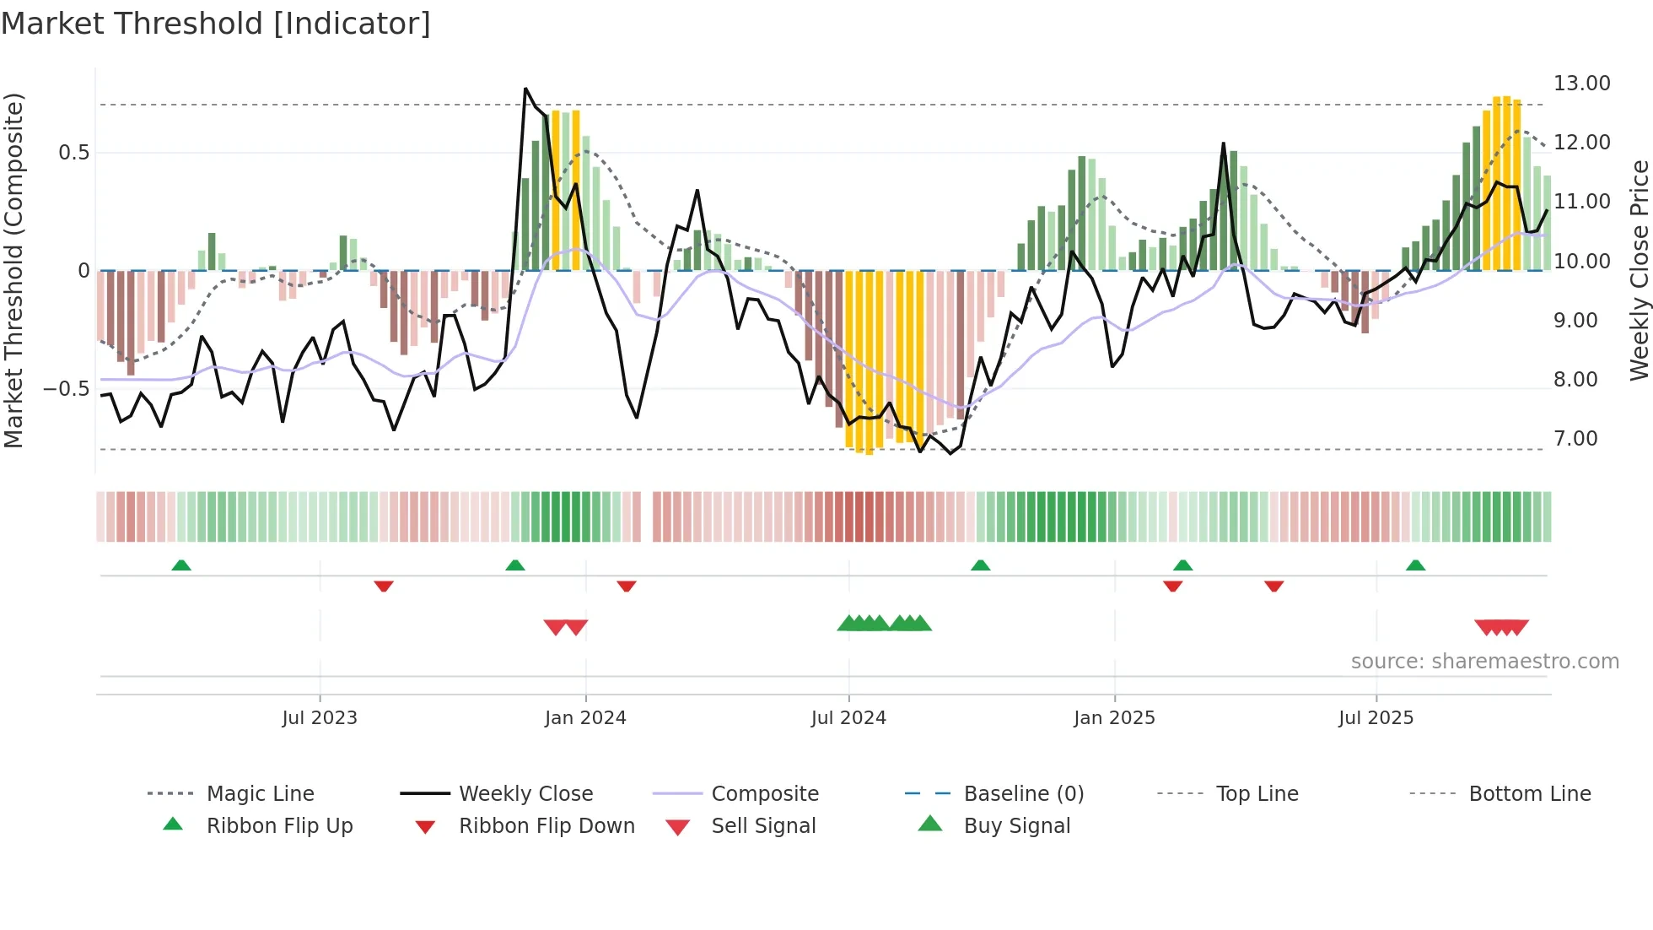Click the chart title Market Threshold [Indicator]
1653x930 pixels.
(x=216, y=24)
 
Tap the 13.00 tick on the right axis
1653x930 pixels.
(x=1581, y=84)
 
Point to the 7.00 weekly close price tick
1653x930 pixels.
(x=1575, y=439)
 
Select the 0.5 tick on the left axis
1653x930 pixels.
(x=73, y=153)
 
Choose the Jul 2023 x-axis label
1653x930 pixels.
(x=320, y=718)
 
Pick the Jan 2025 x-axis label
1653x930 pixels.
(x=1114, y=718)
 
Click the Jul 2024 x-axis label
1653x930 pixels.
(x=848, y=718)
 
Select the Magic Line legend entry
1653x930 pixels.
(x=260, y=794)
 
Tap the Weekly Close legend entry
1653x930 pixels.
(x=525, y=794)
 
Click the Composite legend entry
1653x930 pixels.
(x=765, y=794)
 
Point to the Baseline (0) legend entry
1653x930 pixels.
(x=1023, y=794)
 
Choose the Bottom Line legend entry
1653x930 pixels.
(x=1529, y=794)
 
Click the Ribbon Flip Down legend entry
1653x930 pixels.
(x=547, y=826)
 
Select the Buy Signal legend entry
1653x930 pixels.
(x=1016, y=826)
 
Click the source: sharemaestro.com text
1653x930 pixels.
(x=1484, y=662)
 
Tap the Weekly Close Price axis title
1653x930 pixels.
(x=1639, y=270)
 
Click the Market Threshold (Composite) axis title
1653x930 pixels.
(x=13, y=270)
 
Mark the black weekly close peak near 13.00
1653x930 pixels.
(x=525, y=89)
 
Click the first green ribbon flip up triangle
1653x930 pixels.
(x=181, y=565)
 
